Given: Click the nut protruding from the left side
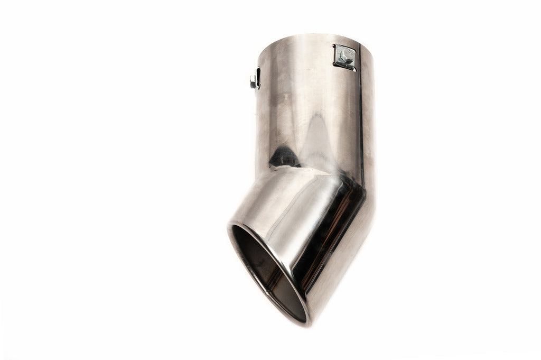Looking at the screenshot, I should pos(253,81).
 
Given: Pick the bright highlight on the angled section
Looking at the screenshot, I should pos(275,206).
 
